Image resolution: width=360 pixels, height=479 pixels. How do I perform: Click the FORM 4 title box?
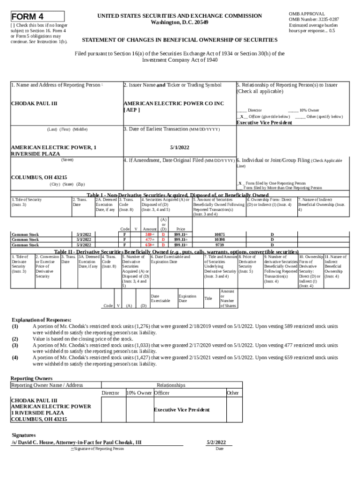[x=37, y=16]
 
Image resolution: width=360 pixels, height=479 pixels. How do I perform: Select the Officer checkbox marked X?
[x=241, y=116]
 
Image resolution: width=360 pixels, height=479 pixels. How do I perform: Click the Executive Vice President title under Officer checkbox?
[x=264, y=123]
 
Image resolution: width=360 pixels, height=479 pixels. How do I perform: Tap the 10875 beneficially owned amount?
[x=219, y=234]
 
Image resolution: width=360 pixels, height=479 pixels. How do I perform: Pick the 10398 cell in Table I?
[x=219, y=239]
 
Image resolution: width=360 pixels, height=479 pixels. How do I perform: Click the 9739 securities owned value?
[x=219, y=245]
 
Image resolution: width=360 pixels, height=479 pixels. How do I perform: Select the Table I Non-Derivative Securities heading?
[x=178, y=195]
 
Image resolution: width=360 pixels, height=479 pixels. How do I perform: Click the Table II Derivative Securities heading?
[x=177, y=251]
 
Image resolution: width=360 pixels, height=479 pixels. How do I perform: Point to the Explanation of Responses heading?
[x=42, y=320]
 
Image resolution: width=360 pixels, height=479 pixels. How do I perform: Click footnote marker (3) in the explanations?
[x=15, y=345]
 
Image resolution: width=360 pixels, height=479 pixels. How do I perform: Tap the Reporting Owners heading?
[x=31, y=378]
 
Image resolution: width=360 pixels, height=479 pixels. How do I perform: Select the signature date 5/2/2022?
[x=216, y=442]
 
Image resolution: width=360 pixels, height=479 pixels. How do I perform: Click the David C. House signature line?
[x=76, y=442]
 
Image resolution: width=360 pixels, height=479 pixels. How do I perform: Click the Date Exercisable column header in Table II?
[x=160, y=298]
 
